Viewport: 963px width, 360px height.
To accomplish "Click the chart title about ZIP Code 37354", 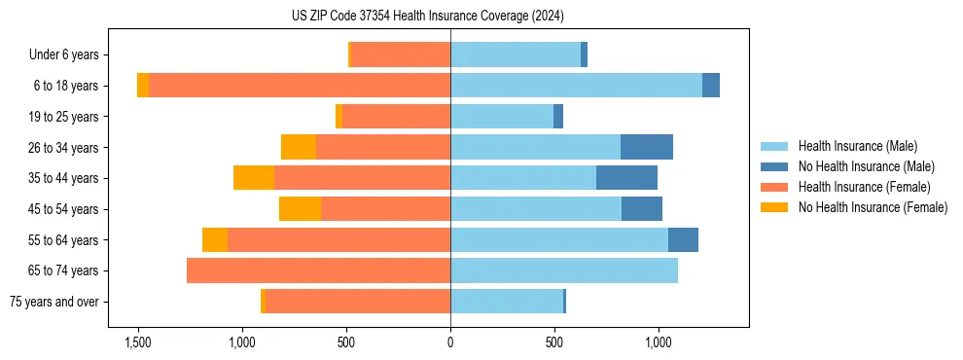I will (x=427, y=17).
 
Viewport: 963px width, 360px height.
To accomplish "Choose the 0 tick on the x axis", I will (x=450, y=342).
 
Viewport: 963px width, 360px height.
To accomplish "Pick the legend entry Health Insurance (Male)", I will (x=857, y=146).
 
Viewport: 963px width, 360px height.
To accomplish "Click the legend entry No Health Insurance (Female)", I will (x=873, y=207).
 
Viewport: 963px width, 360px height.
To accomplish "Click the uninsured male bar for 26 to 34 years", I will (x=647, y=147).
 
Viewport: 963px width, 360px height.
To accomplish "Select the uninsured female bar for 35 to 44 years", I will (x=254, y=178).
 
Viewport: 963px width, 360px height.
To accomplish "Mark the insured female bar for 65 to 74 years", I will (x=318, y=270).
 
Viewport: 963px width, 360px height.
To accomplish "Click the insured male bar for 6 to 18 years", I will (x=576, y=86).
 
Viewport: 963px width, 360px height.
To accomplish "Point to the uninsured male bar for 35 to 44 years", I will (x=626, y=178).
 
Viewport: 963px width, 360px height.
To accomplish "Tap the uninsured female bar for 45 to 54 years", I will (x=300, y=209).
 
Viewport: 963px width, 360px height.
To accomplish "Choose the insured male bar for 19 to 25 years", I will (x=502, y=117).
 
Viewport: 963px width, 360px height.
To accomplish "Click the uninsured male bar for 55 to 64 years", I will (x=683, y=239).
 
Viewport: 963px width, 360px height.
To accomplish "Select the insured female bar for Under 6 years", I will (x=401, y=55).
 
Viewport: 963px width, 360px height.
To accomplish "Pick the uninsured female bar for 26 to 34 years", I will (x=299, y=147).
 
